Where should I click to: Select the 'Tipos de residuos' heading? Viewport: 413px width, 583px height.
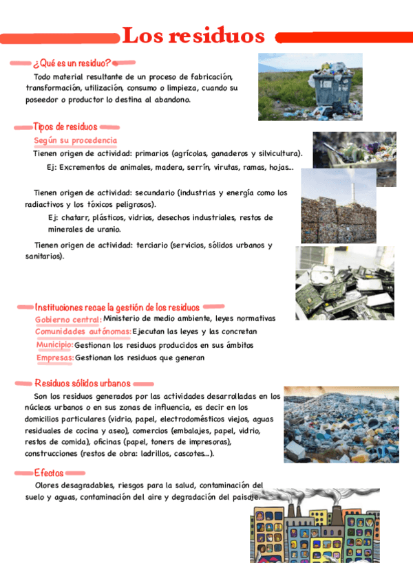[x=65, y=126]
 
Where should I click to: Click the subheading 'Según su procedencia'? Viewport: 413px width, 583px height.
[x=75, y=140]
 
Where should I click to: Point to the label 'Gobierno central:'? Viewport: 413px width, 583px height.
[x=68, y=319]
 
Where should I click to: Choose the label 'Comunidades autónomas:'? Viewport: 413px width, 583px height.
[x=83, y=331]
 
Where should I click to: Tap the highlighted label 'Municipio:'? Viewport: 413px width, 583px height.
[x=54, y=344]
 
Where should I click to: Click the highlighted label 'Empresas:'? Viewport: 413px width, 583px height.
[x=55, y=357]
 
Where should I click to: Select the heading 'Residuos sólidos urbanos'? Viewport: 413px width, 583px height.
[x=82, y=383]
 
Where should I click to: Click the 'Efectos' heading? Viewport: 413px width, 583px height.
[x=49, y=473]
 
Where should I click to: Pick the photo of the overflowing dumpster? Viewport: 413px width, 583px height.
[x=310, y=87]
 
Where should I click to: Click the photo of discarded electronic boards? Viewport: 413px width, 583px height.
[x=345, y=283]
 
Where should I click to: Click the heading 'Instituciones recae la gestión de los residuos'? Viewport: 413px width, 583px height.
[x=117, y=307]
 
